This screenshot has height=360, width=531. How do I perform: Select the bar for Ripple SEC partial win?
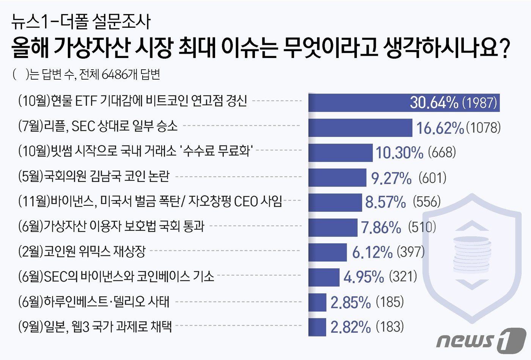(360, 127)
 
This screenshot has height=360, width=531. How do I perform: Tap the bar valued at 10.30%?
(340, 152)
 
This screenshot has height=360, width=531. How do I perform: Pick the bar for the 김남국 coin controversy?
(337, 177)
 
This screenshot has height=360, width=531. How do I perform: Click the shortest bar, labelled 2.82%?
(317, 327)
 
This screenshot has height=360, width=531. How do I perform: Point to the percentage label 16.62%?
(440, 128)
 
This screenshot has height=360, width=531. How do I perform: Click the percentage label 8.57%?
(385, 202)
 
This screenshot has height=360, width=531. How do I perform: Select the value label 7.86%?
(381, 227)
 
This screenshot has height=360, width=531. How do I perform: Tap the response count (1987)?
(479, 103)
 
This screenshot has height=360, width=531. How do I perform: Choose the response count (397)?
(410, 252)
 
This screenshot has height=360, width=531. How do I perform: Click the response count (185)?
(390, 302)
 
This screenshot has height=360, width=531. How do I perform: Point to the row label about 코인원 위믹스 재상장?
(82, 251)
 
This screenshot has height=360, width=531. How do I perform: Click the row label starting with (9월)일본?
(95, 326)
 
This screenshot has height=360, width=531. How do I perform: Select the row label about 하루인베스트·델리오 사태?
(94, 302)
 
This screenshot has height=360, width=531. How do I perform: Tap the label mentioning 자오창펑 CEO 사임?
(150, 201)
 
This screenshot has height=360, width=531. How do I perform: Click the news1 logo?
(481, 340)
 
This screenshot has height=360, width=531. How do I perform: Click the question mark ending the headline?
(504, 48)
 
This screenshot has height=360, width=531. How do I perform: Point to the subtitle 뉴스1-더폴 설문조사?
(81, 22)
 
